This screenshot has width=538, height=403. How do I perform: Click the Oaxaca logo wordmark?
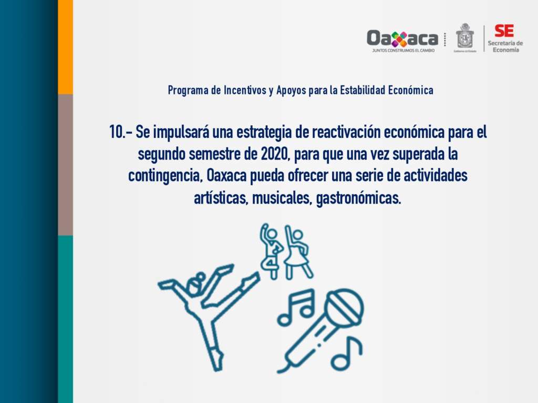[x=402, y=38]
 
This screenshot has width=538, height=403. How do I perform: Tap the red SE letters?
[x=504, y=31]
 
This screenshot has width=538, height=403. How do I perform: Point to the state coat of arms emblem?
[x=464, y=36]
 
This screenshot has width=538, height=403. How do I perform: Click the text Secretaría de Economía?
[x=505, y=46]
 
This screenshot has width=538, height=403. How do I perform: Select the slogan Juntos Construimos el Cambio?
[x=403, y=50]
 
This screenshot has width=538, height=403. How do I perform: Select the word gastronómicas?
[x=358, y=198]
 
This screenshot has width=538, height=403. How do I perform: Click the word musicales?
[x=282, y=198]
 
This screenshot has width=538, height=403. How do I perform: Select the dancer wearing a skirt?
[x=296, y=251]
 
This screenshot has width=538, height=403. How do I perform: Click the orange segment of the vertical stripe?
[x=65, y=47]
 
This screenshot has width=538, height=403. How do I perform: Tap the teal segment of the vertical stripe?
[x=65, y=319]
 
